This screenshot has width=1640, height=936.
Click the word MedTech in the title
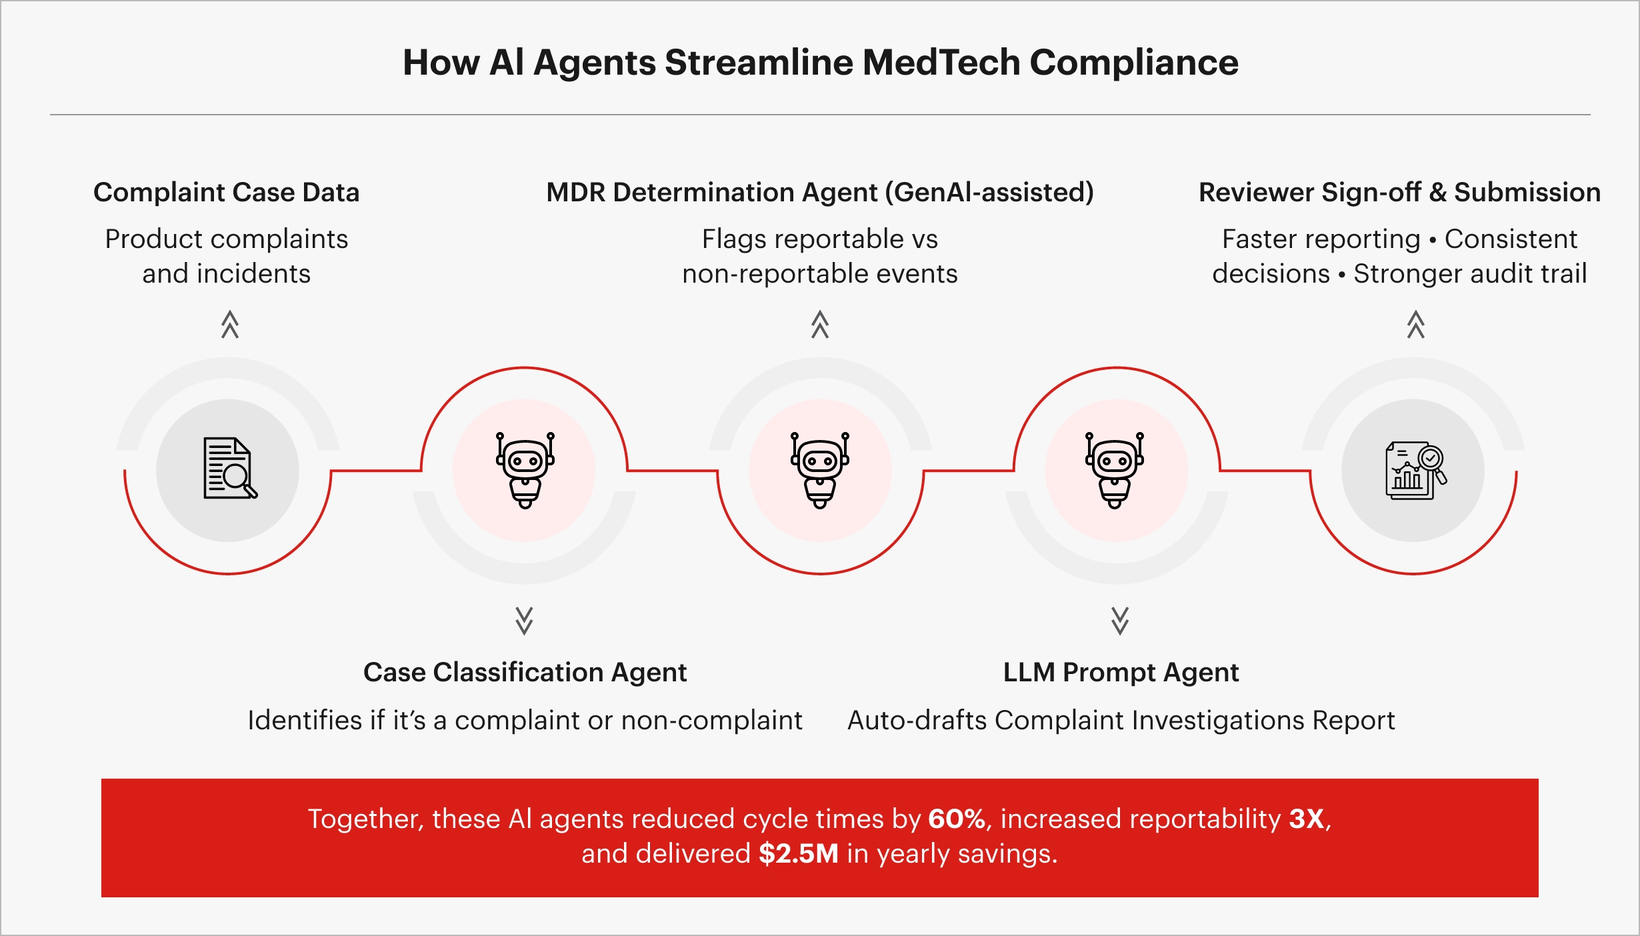click(x=941, y=63)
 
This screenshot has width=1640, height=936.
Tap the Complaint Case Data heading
click(x=227, y=192)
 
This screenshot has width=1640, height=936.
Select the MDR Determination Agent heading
click(x=820, y=192)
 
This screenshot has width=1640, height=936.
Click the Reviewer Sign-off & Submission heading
click(x=1399, y=192)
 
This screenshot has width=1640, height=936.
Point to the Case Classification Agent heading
click(x=525, y=672)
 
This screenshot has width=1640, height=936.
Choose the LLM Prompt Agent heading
click(x=1121, y=672)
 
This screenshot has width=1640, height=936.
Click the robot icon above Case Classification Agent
click(x=525, y=469)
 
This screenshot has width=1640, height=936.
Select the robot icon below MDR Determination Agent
click(x=820, y=469)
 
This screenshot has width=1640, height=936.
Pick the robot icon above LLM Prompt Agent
click(x=1115, y=469)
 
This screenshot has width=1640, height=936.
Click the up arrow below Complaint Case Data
click(x=230, y=325)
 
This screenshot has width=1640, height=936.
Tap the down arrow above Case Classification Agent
click(x=525, y=621)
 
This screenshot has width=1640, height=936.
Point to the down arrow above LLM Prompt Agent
click(x=1120, y=621)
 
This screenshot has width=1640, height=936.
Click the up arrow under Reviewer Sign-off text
click(x=1416, y=325)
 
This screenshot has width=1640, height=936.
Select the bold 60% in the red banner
click(x=957, y=819)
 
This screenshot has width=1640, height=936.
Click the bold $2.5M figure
click(x=798, y=854)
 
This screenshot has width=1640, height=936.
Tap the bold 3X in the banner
click(x=1307, y=819)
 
